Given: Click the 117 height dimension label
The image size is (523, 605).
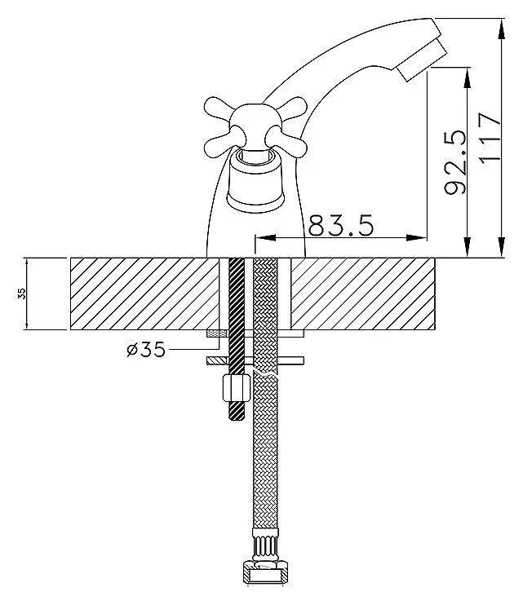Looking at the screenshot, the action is (x=490, y=138).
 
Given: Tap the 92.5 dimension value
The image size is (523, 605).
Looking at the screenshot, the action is (x=455, y=162).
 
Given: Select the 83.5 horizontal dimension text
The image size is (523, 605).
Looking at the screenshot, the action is (x=341, y=225).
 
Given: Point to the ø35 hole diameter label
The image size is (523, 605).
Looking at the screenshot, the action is (x=146, y=350).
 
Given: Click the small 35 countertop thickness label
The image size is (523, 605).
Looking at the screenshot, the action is (x=22, y=294).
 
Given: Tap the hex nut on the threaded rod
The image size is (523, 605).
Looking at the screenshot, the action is (x=237, y=389).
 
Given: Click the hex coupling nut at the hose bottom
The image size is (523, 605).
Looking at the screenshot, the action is (x=265, y=571).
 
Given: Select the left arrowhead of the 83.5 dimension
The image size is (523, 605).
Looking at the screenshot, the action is (x=265, y=238).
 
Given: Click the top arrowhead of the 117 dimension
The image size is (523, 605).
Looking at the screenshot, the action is (x=501, y=29).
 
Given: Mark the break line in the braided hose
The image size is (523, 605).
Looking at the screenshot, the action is (x=265, y=373).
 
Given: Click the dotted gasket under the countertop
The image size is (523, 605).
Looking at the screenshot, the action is (x=218, y=333).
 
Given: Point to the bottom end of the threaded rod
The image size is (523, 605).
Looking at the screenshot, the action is (x=237, y=420).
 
